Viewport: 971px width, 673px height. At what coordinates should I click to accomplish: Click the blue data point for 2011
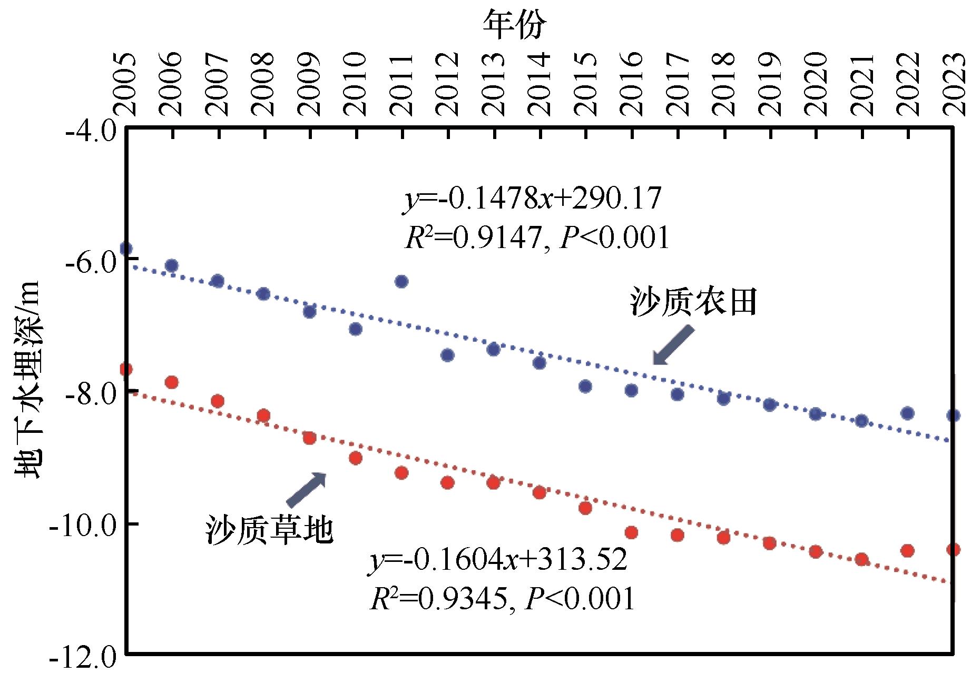(401, 281)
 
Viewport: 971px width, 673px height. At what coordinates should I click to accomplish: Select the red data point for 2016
(631, 532)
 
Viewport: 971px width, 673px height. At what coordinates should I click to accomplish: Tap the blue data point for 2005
(126, 249)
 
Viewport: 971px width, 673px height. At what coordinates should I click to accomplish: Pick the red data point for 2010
(356, 458)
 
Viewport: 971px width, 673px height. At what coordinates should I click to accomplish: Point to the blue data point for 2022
(907, 413)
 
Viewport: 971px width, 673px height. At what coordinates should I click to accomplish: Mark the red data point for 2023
(953, 550)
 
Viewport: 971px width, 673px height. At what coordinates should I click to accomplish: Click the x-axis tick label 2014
(540, 84)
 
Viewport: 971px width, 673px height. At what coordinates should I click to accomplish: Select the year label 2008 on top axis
(264, 84)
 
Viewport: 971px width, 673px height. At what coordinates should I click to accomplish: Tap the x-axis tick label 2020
(816, 84)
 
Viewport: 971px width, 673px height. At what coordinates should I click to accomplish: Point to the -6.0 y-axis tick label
(90, 260)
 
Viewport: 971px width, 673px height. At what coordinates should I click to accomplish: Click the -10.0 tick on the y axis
(82, 525)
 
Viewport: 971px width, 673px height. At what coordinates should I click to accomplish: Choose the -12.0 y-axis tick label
(82, 658)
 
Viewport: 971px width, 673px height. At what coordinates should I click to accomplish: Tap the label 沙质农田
(693, 302)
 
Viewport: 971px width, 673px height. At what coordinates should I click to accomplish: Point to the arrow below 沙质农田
(673, 345)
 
